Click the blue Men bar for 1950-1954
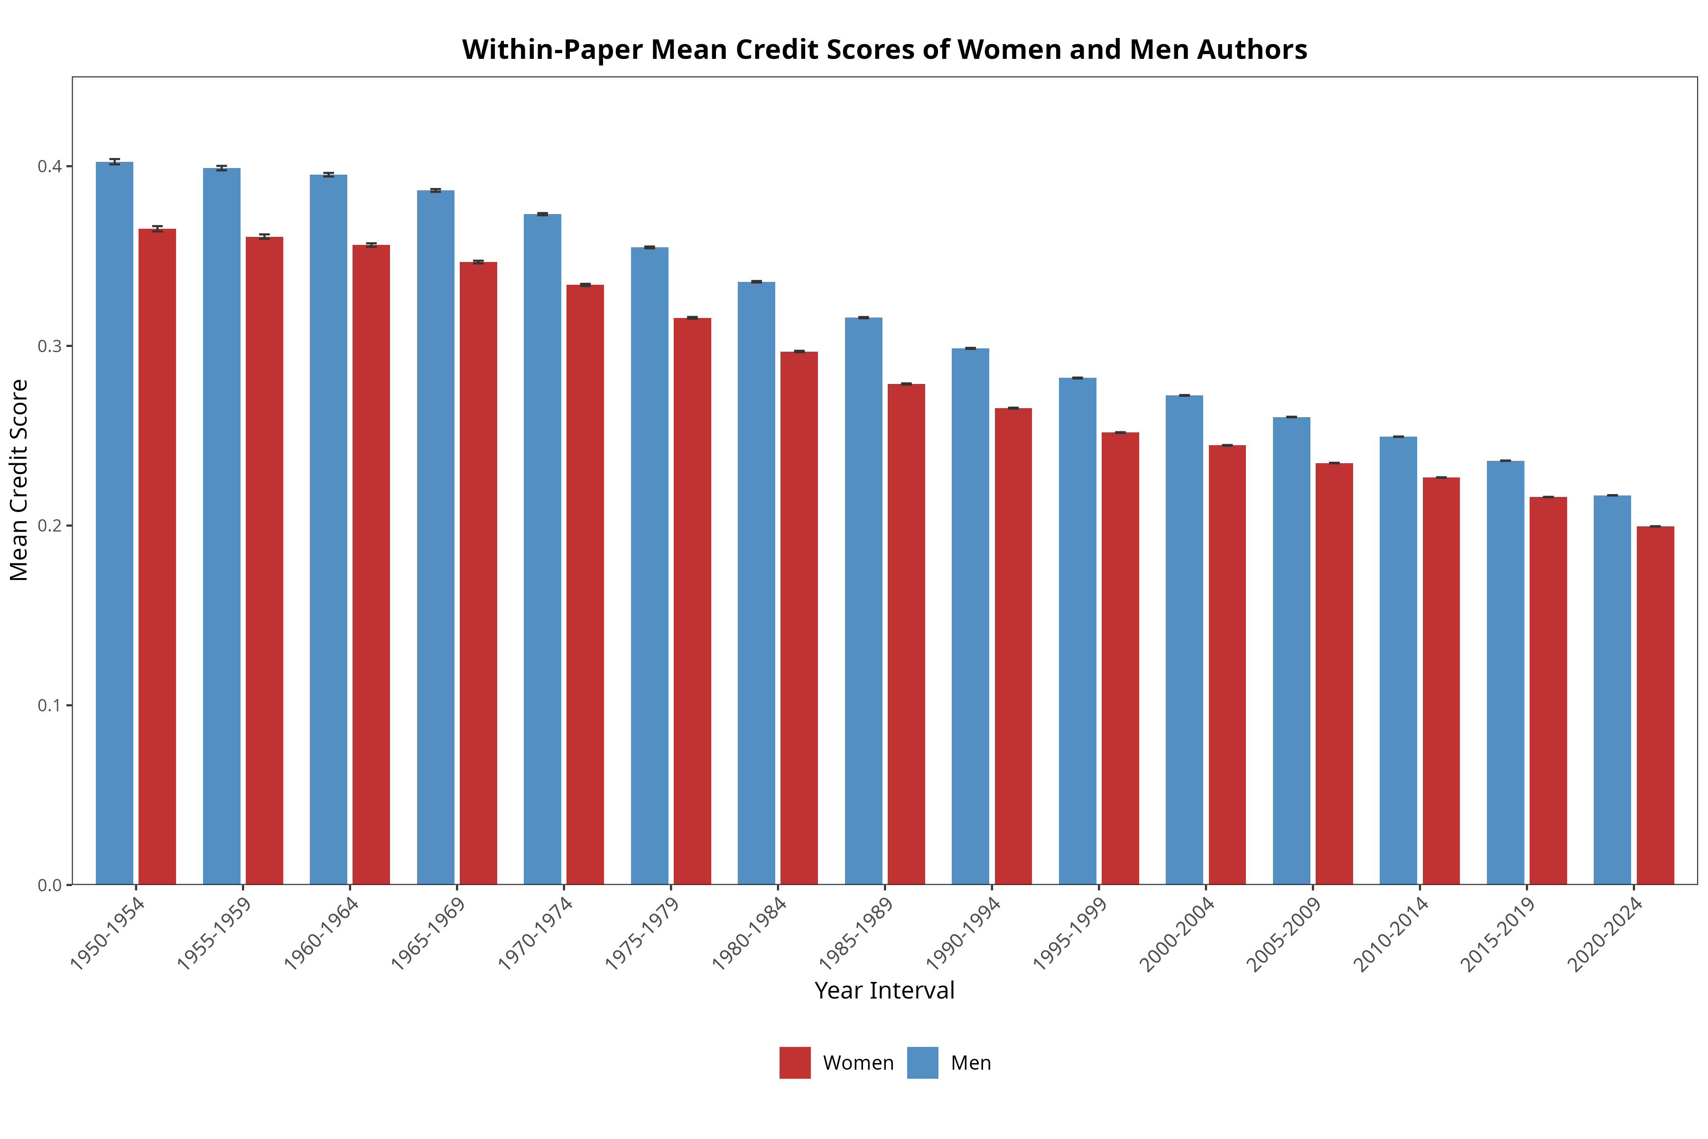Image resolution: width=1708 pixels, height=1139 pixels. (x=115, y=523)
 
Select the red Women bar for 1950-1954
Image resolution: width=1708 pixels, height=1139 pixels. (x=158, y=556)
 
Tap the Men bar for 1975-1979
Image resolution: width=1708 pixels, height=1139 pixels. (x=650, y=566)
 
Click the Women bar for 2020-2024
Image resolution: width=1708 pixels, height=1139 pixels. (x=1656, y=705)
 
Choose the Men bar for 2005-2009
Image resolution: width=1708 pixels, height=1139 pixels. (x=1292, y=651)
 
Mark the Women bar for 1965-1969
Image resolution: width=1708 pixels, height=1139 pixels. (x=479, y=573)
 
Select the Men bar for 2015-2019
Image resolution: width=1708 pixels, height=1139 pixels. (x=1505, y=672)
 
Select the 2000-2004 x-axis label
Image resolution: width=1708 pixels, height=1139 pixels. (x=1177, y=934)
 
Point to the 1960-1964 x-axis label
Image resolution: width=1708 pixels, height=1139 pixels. (x=321, y=934)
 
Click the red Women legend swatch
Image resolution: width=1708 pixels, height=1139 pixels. (x=795, y=1063)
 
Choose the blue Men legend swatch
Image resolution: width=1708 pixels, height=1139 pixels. (x=922, y=1063)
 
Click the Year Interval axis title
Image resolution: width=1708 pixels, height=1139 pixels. (x=884, y=991)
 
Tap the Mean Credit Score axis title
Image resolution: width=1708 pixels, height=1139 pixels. (x=19, y=480)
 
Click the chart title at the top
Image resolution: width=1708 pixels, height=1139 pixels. (x=884, y=49)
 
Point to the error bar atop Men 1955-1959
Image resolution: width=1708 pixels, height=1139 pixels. (x=222, y=168)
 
